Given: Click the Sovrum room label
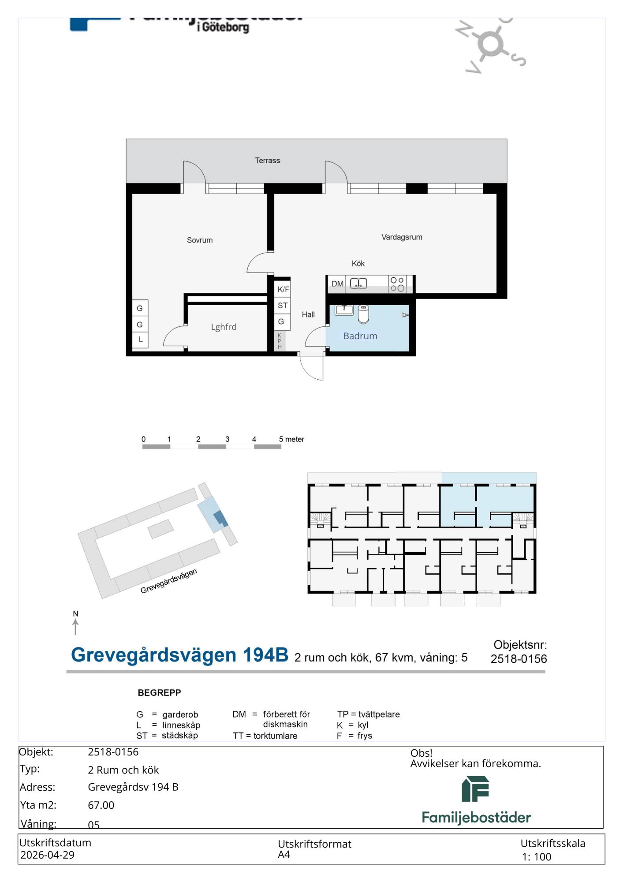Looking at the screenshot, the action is (x=200, y=240).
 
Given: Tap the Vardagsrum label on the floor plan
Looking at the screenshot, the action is (x=402, y=237).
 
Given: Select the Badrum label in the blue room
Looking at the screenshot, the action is (x=360, y=336).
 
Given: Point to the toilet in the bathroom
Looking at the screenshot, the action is (x=363, y=314).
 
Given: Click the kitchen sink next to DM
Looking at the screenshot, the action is (x=358, y=283).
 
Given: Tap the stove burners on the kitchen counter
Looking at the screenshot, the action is (x=397, y=284).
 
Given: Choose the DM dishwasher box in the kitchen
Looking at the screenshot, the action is (x=338, y=284).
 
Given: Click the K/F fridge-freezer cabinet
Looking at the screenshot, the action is (x=283, y=289).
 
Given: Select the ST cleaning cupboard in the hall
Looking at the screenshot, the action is (x=283, y=305).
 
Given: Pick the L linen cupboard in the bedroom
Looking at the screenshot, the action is (x=140, y=340).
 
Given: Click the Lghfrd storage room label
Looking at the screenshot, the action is (x=224, y=327).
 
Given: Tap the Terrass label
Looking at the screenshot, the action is (x=268, y=161).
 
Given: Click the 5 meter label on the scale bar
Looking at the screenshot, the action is (x=291, y=439).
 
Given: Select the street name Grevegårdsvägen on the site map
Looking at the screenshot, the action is (x=169, y=581).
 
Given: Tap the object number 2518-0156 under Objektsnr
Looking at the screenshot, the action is (x=519, y=659).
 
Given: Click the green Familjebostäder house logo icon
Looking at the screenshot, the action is (x=476, y=789).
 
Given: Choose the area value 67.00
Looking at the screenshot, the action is (x=101, y=805).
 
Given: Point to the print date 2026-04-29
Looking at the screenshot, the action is (x=47, y=855).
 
